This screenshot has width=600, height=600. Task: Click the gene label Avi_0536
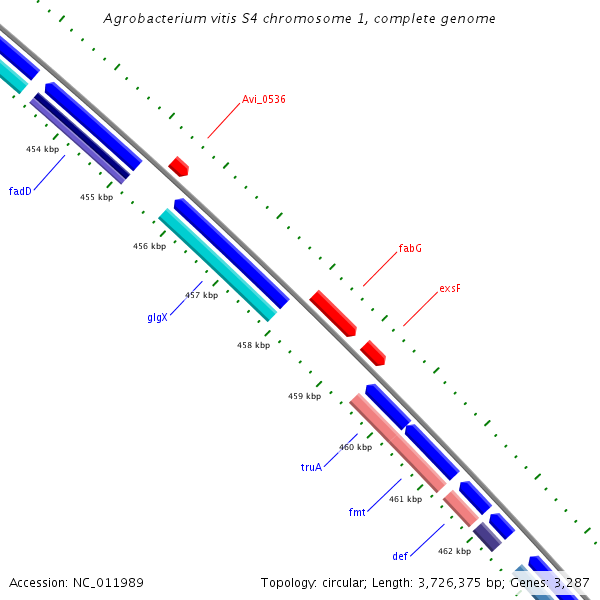click(x=264, y=99)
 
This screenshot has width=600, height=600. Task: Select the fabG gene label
click(x=410, y=248)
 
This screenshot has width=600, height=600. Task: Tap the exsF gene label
click(x=450, y=288)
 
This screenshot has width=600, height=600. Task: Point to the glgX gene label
click(x=158, y=317)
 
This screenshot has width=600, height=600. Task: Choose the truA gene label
click(x=312, y=467)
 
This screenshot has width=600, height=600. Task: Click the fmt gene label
click(x=357, y=512)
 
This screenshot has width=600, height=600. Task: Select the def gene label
click(x=400, y=555)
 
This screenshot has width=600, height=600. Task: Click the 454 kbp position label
click(x=42, y=149)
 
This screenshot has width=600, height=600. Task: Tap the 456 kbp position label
click(x=149, y=246)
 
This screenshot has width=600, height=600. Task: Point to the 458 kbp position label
click(x=253, y=345)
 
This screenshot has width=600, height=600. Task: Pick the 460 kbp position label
click(x=355, y=447)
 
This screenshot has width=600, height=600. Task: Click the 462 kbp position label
click(x=454, y=551)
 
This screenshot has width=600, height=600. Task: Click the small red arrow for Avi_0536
click(x=179, y=166)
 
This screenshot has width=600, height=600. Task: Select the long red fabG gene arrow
click(x=333, y=314)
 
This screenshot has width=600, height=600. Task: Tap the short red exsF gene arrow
click(x=373, y=352)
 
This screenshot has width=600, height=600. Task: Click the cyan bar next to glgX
click(x=217, y=265)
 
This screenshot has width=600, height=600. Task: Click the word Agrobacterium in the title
click(x=152, y=19)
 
